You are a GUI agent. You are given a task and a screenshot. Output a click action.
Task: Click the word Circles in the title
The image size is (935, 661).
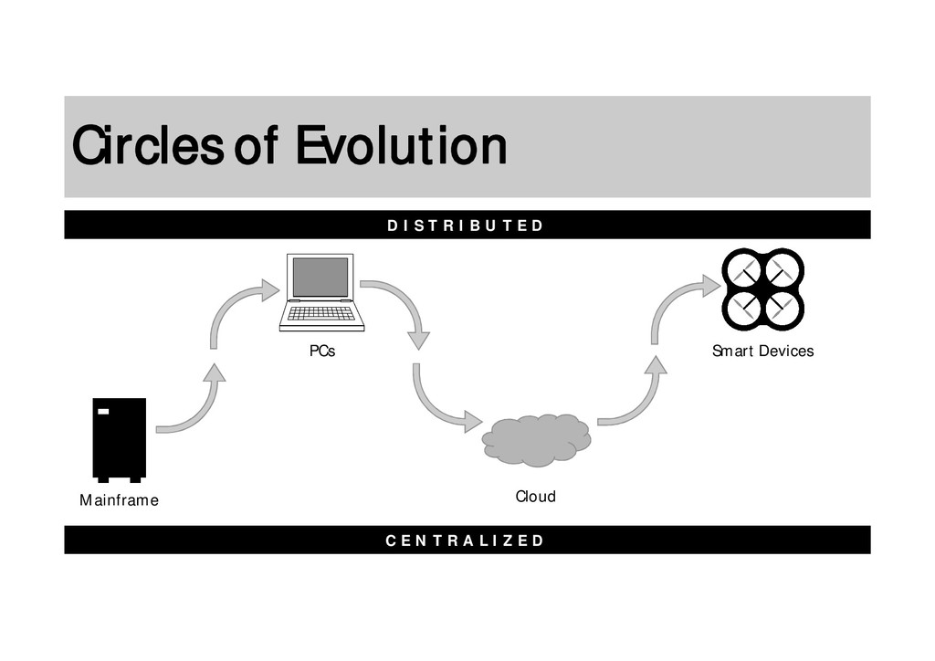[x=146, y=146]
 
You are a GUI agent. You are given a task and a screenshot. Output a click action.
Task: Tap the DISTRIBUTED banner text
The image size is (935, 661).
[x=466, y=226]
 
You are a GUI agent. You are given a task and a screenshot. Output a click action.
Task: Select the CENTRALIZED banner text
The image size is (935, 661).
[x=466, y=540]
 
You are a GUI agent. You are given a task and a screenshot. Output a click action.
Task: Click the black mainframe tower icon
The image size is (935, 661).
[x=119, y=438]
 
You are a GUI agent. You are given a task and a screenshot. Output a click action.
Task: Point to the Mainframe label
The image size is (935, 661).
[x=119, y=500]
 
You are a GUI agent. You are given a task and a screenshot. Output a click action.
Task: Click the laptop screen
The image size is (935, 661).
[x=320, y=277]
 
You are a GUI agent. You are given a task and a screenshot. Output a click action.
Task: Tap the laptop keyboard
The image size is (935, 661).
[x=321, y=313]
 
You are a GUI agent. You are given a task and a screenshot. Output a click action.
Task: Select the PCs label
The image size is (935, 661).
[x=321, y=351]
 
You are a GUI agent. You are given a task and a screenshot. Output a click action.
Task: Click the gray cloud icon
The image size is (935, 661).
[x=536, y=439]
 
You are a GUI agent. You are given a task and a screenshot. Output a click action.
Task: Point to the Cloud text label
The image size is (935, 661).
[x=535, y=497]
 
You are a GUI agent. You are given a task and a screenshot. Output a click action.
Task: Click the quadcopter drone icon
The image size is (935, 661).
[x=762, y=289]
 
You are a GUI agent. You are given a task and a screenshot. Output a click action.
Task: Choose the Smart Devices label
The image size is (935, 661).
[x=762, y=351]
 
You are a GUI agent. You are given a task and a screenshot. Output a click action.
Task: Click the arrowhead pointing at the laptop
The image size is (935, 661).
[x=269, y=290]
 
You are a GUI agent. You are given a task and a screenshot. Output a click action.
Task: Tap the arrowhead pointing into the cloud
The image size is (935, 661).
[x=472, y=422]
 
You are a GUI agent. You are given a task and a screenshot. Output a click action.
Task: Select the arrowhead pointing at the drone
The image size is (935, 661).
[x=710, y=286]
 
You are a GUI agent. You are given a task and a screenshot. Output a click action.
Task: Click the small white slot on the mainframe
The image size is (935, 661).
[x=103, y=412]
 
